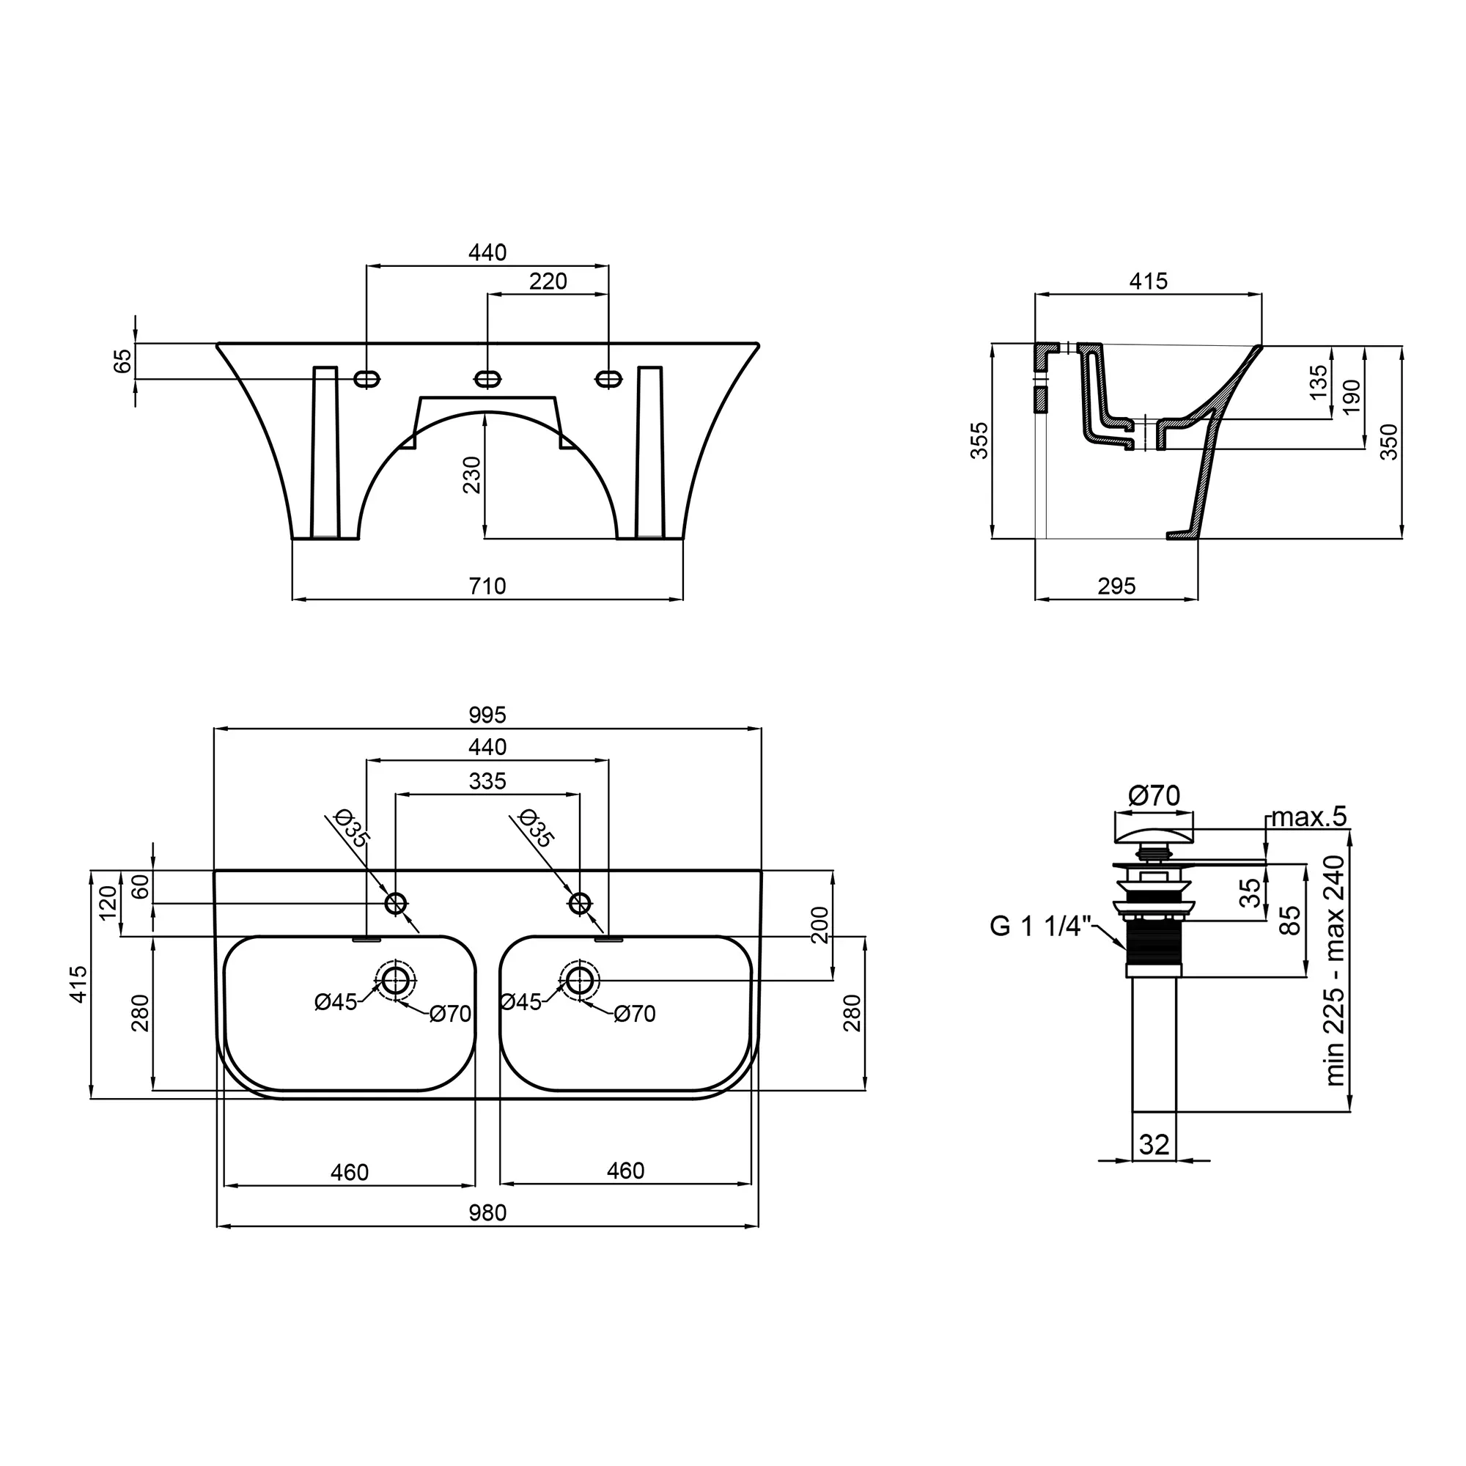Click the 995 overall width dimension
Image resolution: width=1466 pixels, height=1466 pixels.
[487, 715]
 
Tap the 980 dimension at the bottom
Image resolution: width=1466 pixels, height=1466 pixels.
[487, 1212]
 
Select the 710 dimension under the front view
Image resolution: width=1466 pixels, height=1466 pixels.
[487, 586]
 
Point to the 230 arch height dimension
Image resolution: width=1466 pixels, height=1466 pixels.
[472, 474]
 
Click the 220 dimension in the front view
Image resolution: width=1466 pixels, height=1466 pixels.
[548, 281]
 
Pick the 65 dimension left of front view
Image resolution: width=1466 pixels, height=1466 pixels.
[123, 361]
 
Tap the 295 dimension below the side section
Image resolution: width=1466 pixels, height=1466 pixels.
[1117, 586]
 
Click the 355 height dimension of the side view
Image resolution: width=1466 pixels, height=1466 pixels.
[979, 441]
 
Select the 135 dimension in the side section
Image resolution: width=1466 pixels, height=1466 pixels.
[1319, 382]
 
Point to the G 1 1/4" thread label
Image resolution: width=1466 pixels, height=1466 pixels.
[1040, 927]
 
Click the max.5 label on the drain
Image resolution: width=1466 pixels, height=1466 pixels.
[1309, 817]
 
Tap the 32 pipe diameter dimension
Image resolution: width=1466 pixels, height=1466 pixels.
[1154, 1144]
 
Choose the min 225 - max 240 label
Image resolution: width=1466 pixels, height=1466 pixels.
[1335, 970]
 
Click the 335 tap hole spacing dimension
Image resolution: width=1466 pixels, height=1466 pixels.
[487, 781]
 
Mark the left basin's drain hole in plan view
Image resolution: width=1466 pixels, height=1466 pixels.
[395, 980]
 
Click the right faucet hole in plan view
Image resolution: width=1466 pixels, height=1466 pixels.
[581, 903]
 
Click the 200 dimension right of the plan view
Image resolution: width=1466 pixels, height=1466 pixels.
[820, 924]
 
